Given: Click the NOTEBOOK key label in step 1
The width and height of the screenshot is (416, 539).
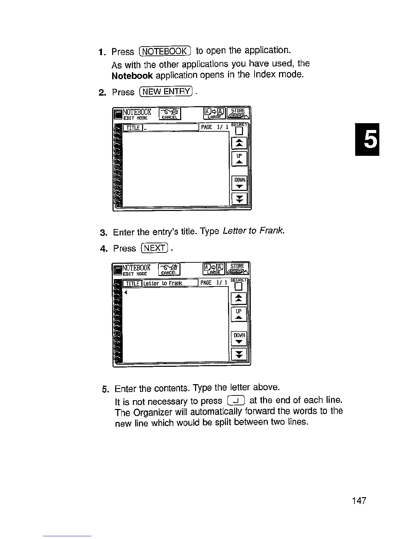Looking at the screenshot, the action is pos(165,51).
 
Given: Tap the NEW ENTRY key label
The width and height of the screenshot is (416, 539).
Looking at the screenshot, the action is pos(166,92).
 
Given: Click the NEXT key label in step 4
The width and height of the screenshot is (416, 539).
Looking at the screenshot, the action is pos(154,248).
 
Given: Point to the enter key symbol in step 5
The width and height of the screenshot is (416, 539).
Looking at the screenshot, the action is pos(236,401).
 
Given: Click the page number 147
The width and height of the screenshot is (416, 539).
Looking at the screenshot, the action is pos(359,501).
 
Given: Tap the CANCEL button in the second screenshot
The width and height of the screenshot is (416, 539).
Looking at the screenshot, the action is pos(169,269).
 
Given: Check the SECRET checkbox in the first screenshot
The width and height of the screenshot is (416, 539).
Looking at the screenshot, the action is pos(239,131).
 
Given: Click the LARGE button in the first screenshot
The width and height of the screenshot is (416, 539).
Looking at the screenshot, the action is pos(214,113).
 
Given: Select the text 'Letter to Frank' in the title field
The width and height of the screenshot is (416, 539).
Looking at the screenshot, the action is pos(163,283).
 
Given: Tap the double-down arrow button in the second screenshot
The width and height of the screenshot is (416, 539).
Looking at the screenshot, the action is pos(239,354).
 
